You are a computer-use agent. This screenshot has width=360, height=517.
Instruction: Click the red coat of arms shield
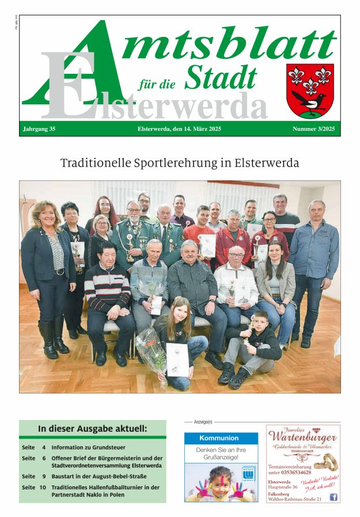click(x=309, y=89)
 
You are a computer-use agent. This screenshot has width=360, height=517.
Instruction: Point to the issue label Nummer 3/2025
click(x=313, y=129)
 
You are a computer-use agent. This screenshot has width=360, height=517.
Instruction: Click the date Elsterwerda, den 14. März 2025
click(x=179, y=129)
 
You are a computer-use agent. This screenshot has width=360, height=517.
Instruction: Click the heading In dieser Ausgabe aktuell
click(x=92, y=429)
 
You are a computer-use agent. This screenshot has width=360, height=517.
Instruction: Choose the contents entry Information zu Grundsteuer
click(x=88, y=447)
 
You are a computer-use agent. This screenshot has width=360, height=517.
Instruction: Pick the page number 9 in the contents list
click(x=43, y=477)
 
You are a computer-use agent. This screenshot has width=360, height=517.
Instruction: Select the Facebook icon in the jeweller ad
click(x=333, y=497)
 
